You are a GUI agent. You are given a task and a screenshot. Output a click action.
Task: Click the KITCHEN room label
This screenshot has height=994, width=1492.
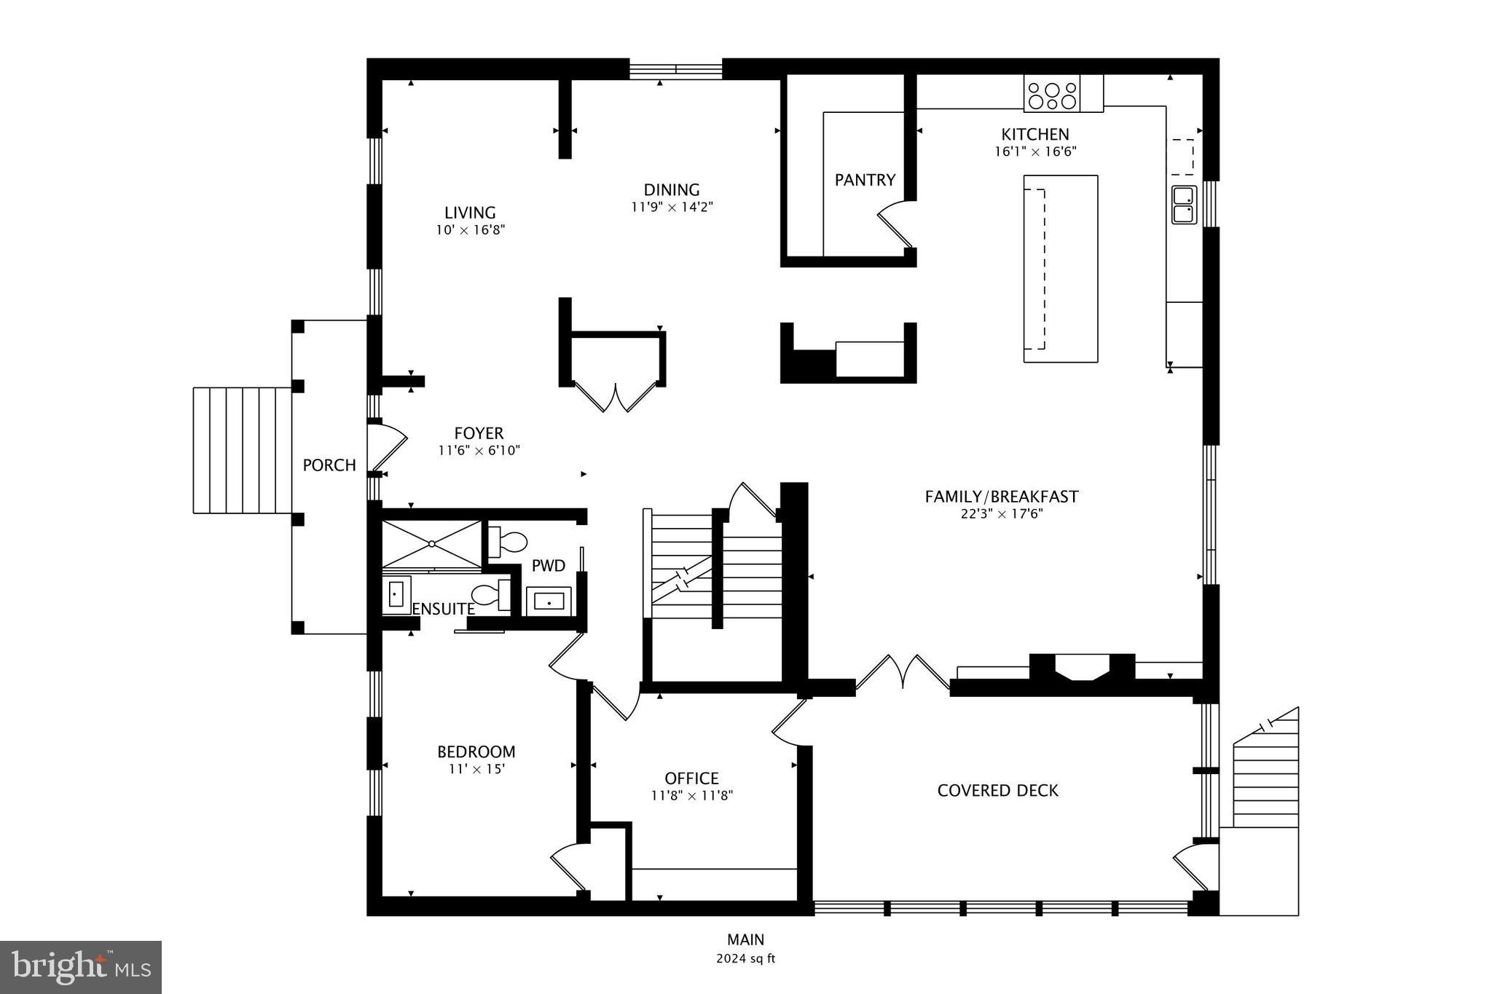pos(1034,134)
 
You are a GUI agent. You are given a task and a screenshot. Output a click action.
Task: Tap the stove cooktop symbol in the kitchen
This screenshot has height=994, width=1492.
pos(1052,95)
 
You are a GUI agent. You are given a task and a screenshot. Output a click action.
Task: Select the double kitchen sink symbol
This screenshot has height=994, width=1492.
pos(1184,205)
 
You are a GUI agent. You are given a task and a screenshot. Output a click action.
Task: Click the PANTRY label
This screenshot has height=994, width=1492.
pos(865,180)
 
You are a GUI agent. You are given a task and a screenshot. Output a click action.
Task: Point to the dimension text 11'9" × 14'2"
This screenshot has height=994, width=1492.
pos(672,207)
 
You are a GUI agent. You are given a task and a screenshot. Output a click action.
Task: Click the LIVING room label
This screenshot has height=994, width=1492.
pos(470,213)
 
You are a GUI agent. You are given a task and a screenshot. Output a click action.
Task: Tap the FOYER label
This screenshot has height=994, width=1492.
pos(479,433)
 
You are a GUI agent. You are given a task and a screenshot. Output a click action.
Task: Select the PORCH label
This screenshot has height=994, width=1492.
pos(329,465)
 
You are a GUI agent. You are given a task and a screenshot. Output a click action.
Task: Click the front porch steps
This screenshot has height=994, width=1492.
pos(242,450)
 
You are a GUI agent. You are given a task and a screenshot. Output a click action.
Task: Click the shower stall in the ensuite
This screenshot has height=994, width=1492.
pos(432,544)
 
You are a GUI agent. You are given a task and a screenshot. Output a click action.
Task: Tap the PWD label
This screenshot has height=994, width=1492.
pos(548,566)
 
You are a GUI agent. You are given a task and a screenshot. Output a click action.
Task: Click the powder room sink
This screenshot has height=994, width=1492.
pos(549,601)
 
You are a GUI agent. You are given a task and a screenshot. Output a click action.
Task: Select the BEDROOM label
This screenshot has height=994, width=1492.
pos(476,752)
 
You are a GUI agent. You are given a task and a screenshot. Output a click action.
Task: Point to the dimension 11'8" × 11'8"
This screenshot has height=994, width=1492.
pos(691,796)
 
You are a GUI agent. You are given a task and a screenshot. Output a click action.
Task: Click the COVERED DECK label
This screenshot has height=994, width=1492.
pos(997,790)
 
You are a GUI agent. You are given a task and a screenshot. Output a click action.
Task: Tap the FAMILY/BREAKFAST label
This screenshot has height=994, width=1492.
pos(1001,497)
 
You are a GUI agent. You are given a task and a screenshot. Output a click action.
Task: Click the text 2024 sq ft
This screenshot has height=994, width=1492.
pos(745,958)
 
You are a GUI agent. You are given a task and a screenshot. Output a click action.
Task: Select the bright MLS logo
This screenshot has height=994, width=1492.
pos(81,967)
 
